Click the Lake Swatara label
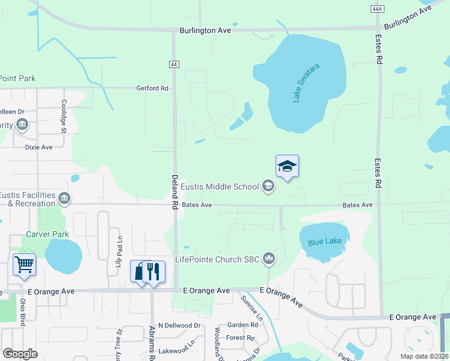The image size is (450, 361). pyautogui.click(x=306, y=82)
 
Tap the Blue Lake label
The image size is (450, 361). pyautogui.click(x=324, y=242)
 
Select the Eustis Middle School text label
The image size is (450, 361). pyautogui.click(x=220, y=187)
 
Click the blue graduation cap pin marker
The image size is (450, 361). pyautogui.click(x=287, y=167)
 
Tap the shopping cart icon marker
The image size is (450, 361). pyautogui.click(x=24, y=264)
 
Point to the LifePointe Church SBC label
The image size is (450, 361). pyautogui.click(x=217, y=260)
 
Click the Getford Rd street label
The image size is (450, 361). pyautogui.click(x=152, y=88)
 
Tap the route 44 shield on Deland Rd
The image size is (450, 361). pyautogui.click(x=174, y=64)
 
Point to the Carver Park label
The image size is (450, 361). pyautogui.click(x=48, y=234)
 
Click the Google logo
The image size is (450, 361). pyautogui.click(x=20, y=353)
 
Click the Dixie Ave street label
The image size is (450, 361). pyautogui.click(x=39, y=147)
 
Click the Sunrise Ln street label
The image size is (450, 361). pyautogui.click(x=251, y=306)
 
